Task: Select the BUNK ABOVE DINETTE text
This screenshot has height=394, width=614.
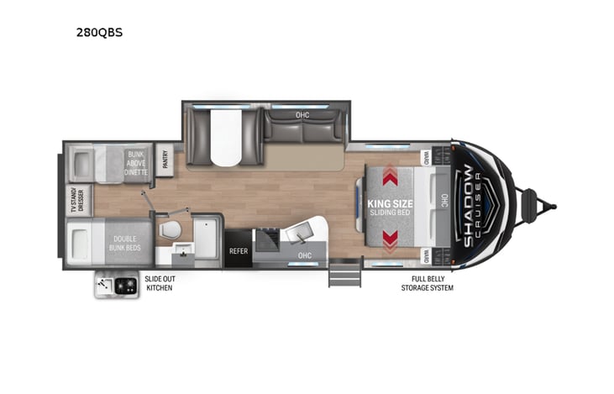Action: coord(136,162)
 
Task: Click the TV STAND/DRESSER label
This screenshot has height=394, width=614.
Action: coord(75,201)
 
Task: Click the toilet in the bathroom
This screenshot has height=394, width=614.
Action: coord(171,229)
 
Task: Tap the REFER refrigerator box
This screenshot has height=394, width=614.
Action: coord(238,250)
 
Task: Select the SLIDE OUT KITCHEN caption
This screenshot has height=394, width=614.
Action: coord(160,283)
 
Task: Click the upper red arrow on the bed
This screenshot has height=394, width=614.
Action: coord(391,177)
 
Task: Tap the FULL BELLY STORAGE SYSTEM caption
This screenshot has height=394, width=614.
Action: coord(427,283)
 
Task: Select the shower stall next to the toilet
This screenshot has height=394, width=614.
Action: coord(205,238)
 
